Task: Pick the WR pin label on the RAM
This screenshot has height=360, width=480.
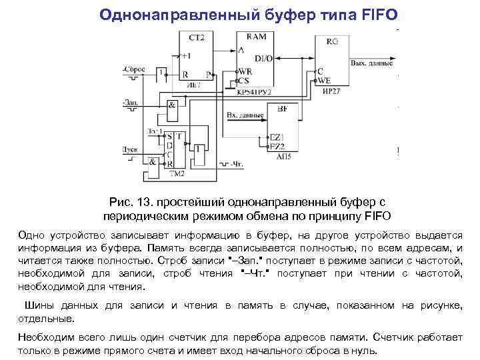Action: tap(245, 71)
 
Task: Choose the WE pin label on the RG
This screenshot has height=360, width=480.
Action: tap(325, 80)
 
